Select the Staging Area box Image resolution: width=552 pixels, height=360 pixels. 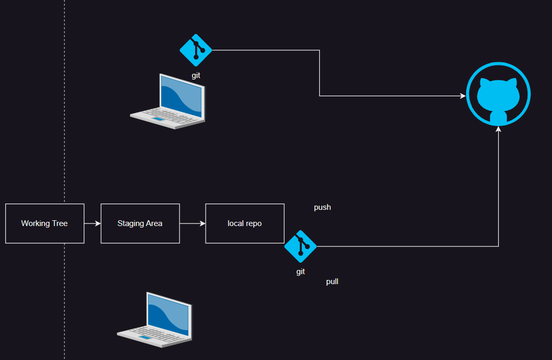(x=140, y=223)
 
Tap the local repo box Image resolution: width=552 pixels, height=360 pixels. (x=244, y=223)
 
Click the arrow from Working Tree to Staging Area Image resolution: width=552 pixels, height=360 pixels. (x=92, y=223)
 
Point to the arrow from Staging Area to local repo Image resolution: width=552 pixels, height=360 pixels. (x=193, y=223)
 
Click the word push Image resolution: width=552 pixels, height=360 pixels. (x=322, y=207)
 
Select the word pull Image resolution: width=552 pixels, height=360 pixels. (x=332, y=282)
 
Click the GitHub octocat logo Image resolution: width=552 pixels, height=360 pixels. (x=498, y=95)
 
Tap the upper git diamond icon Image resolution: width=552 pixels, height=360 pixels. (x=196, y=50)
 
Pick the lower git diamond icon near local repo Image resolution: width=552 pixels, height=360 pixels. (x=300, y=246)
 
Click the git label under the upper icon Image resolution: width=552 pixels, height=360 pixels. (x=196, y=75)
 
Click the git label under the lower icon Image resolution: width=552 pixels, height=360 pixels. (x=300, y=272)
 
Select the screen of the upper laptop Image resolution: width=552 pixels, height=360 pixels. (x=181, y=95)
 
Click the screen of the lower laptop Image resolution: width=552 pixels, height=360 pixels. (x=168, y=314)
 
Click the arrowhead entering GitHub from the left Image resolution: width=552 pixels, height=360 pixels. (x=463, y=96)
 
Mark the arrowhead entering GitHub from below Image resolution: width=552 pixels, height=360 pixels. (x=498, y=129)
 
